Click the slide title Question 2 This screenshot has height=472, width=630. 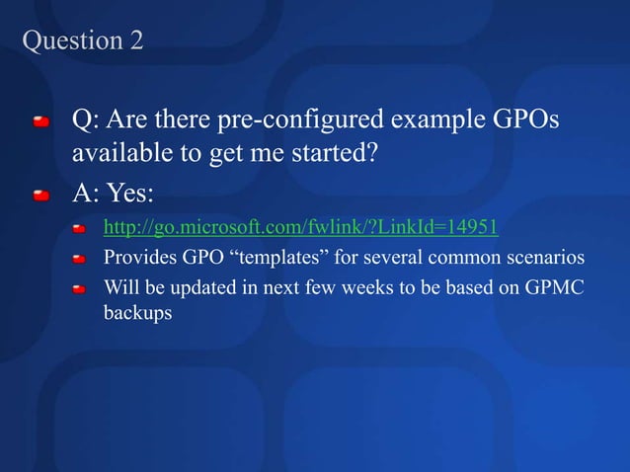(82, 40)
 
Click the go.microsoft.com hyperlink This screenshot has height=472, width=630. (301, 229)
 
